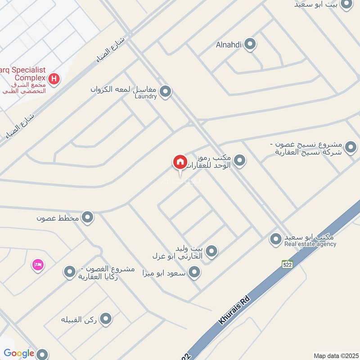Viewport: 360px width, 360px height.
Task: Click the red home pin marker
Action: coord(180,162)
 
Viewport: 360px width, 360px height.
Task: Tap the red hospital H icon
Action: coord(54,79)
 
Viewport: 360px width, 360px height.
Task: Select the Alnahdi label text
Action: coord(229,44)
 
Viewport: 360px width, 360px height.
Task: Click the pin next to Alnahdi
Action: coord(251,44)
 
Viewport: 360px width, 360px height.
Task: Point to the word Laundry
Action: coord(145,96)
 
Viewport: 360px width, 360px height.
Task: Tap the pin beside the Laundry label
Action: coord(166,92)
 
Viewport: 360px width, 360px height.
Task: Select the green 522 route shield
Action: coord(288,265)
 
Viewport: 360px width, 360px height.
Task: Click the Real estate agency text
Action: coord(310,244)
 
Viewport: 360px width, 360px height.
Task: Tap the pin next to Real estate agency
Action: coord(275,239)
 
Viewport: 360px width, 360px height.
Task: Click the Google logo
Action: coord(19,354)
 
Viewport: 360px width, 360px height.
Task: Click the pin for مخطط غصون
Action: coord(88,218)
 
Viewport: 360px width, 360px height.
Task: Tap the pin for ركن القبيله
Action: coord(106,319)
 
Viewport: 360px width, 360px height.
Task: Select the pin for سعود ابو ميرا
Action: coord(194,272)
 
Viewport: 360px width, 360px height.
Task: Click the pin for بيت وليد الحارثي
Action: coord(211,252)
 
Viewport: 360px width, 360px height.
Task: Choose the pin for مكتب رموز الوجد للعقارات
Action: coord(240,160)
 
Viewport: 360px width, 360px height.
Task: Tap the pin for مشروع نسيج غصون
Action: coord(351,147)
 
